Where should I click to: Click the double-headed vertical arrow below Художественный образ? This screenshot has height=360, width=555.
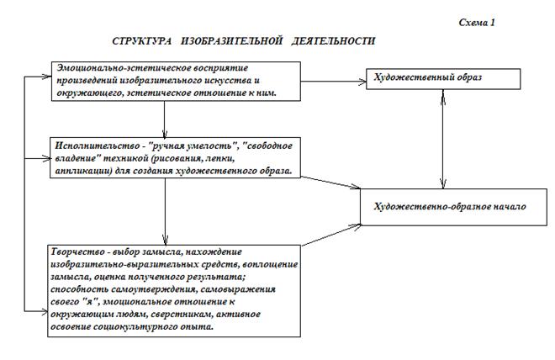[443, 139]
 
